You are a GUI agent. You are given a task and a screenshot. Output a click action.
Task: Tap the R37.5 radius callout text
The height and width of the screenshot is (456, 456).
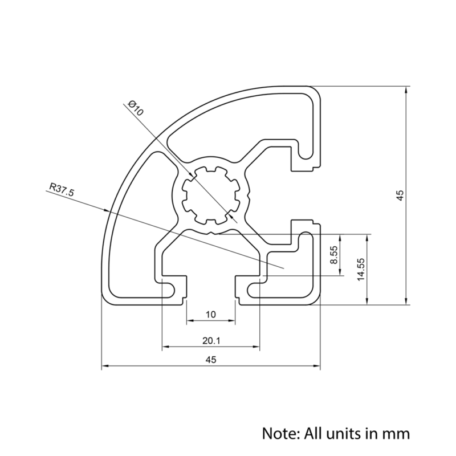[x=62, y=189]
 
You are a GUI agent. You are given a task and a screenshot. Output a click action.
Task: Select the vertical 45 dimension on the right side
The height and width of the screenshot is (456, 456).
[x=401, y=195]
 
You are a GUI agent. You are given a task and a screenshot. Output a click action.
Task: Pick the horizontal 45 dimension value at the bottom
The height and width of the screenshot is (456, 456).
[x=211, y=360]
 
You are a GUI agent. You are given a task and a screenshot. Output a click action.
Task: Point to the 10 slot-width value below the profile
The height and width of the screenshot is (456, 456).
[x=211, y=315]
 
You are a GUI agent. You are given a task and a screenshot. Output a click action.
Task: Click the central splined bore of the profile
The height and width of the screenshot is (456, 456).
[x=209, y=194]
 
